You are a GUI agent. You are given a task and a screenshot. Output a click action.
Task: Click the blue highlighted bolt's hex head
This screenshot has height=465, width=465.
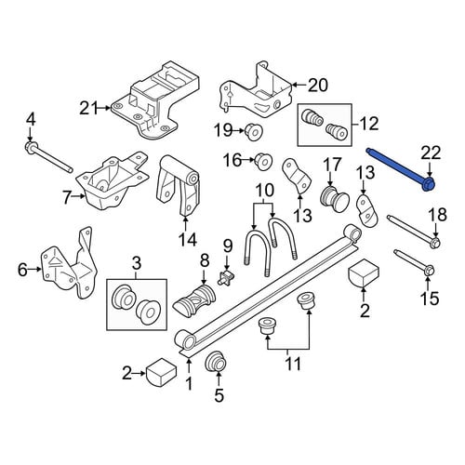point(429,183)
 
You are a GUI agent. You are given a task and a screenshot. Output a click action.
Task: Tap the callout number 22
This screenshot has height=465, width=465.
point(432,153)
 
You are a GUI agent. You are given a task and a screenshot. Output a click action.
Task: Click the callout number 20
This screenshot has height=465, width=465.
point(317,85)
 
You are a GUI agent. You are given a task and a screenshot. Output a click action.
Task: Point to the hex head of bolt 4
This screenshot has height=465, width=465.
point(31,146)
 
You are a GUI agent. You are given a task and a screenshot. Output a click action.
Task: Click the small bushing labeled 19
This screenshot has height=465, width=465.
point(254,132)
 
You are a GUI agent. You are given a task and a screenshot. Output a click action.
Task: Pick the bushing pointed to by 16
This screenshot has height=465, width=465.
point(264,161)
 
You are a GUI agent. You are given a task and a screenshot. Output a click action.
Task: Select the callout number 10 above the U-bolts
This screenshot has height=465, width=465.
point(263,191)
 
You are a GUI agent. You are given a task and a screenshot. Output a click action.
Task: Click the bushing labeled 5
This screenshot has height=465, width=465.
point(217,363)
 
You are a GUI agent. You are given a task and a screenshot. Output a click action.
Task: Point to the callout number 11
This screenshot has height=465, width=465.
point(293,364)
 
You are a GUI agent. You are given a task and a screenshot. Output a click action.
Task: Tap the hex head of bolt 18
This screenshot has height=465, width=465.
point(434,242)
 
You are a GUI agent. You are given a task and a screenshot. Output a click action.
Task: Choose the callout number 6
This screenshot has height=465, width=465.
point(22,270)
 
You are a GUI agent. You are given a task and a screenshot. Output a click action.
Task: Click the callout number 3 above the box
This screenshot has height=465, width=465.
point(137,264)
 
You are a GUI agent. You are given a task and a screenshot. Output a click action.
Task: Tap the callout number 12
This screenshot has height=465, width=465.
point(368,124)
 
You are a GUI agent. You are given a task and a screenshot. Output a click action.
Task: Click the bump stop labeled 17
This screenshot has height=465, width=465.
point(335,198)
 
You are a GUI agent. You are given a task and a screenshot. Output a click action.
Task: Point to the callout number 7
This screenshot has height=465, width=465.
point(67,197)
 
